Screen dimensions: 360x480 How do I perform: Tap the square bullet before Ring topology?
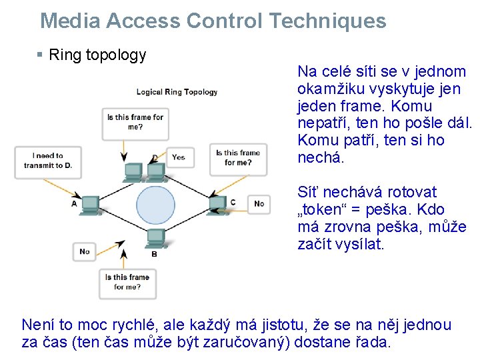click(x=40, y=55)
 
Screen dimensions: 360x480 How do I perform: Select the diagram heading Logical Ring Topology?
click(x=177, y=92)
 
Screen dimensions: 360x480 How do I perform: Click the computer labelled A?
click(x=91, y=203)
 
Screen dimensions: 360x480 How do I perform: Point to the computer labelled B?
click(x=155, y=237)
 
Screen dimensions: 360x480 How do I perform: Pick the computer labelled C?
click(x=217, y=203)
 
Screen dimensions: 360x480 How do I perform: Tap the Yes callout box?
click(x=179, y=157)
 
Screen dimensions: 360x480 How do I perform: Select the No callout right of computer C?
click(x=259, y=203)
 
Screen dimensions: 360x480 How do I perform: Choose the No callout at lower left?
click(x=84, y=251)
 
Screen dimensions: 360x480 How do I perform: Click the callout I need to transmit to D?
click(x=47, y=161)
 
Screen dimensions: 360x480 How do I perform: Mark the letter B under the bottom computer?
click(x=155, y=254)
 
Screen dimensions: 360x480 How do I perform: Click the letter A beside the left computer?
click(x=74, y=203)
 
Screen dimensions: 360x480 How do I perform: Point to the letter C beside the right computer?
click(x=233, y=202)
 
